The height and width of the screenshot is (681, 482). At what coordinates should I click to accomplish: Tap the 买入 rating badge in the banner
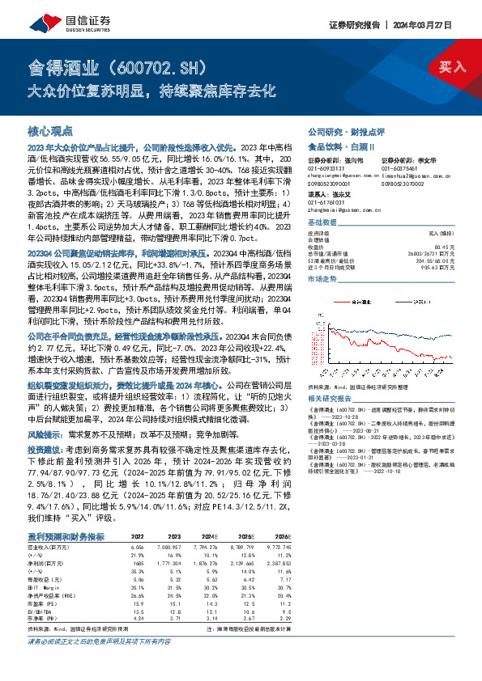pos(452,67)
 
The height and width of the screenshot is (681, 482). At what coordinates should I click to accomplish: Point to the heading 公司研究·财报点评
pos(335,130)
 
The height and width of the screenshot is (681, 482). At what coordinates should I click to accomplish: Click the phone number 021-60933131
pos(326,168)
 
